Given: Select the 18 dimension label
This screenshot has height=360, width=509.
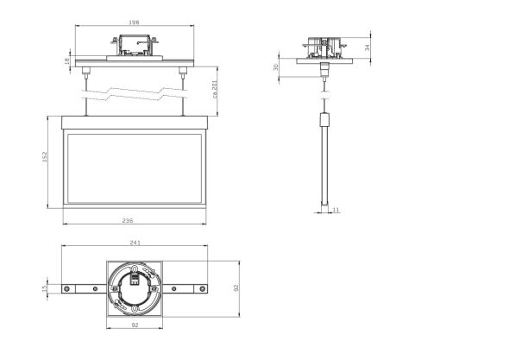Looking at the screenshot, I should pos(68,60).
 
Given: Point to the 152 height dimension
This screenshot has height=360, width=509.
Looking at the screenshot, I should pos(44,160).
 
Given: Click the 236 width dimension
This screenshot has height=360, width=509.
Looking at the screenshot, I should pos(129,222).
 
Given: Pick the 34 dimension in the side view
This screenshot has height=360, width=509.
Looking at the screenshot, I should pos(368,47).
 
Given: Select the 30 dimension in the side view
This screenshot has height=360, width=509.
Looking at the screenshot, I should pos(277,66).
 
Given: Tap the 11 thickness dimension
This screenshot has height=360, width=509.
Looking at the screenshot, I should pos(336,209).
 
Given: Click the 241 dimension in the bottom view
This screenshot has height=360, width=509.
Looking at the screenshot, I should pos(135,243).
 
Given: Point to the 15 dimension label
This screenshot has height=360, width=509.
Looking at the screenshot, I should pos(45,287).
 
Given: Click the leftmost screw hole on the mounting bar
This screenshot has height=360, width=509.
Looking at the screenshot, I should pos(67,287).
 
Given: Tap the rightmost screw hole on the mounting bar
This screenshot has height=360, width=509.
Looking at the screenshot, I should pos(204,287).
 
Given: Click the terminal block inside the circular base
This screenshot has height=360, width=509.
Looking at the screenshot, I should pos(135,279).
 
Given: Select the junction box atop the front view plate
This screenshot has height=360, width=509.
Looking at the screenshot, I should pos(135,45).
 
